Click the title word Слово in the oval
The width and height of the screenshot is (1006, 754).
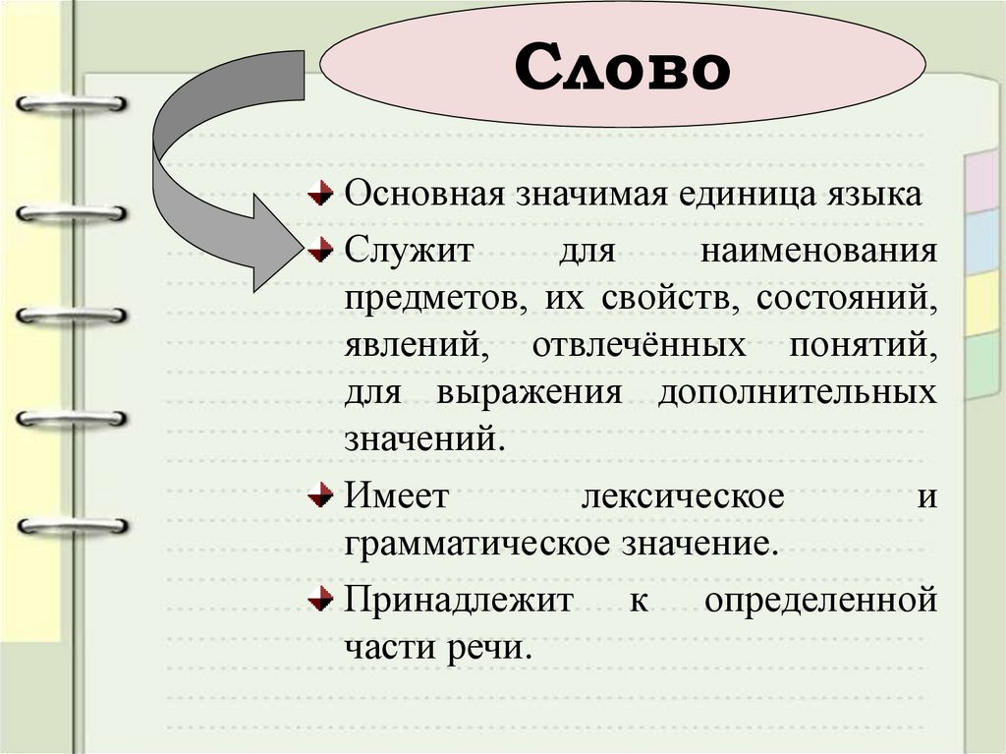[623, 67]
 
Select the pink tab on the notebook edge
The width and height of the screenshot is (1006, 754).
[981, 182]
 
